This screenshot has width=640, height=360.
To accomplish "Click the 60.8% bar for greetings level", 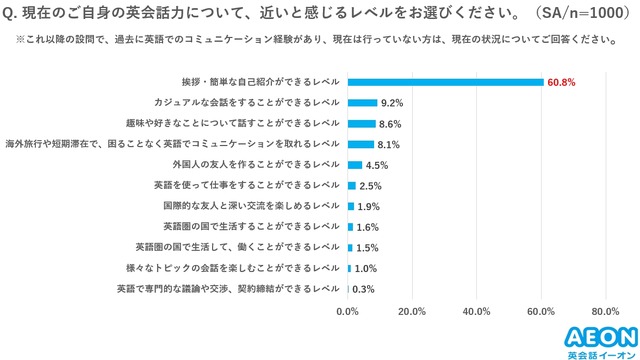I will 445,82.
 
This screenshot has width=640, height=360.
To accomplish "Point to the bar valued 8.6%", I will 361,123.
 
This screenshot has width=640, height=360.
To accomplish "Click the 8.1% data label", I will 391,144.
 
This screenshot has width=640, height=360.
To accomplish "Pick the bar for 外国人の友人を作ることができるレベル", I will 354,165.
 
